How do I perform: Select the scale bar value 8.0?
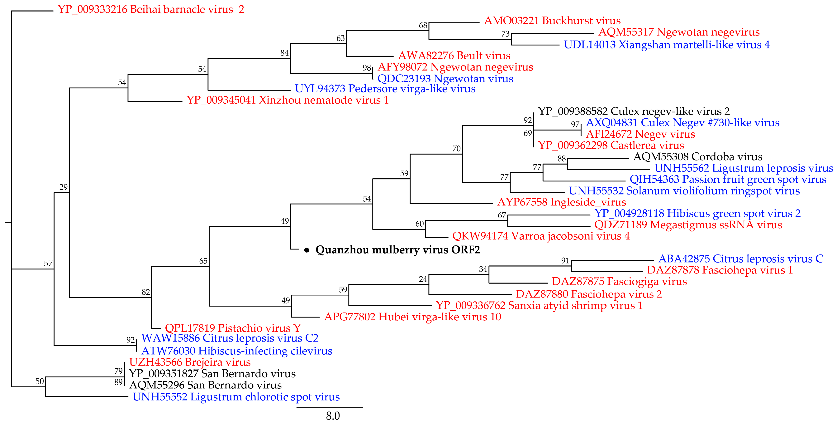click(333, 416)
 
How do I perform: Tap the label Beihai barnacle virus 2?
click(151, 9)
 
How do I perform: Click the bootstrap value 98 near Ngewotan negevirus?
click(367, 68)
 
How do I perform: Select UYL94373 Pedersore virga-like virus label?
click(385, 89)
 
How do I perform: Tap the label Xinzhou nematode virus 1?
click(287, 100)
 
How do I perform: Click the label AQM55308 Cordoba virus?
click(698, 157)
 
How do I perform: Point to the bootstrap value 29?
click(63, 187)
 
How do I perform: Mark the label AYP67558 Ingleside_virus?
click(561, 202)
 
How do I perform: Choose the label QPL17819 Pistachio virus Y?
click(233, 328)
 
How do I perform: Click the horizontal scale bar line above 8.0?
click(330, 408)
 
